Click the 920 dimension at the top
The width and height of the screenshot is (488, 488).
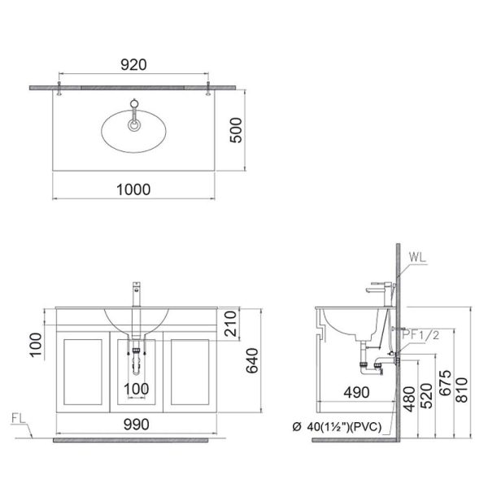pos(135,66)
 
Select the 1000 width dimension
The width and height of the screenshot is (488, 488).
pos(135,189)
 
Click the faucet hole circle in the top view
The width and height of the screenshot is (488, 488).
pos(134,124)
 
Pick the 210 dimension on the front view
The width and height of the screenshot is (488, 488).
pos(233,324)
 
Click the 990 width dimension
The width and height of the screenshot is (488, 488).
pos(135,422)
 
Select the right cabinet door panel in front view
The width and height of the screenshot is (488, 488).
pos(189,371)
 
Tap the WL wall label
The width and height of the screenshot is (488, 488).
pos(418,259)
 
